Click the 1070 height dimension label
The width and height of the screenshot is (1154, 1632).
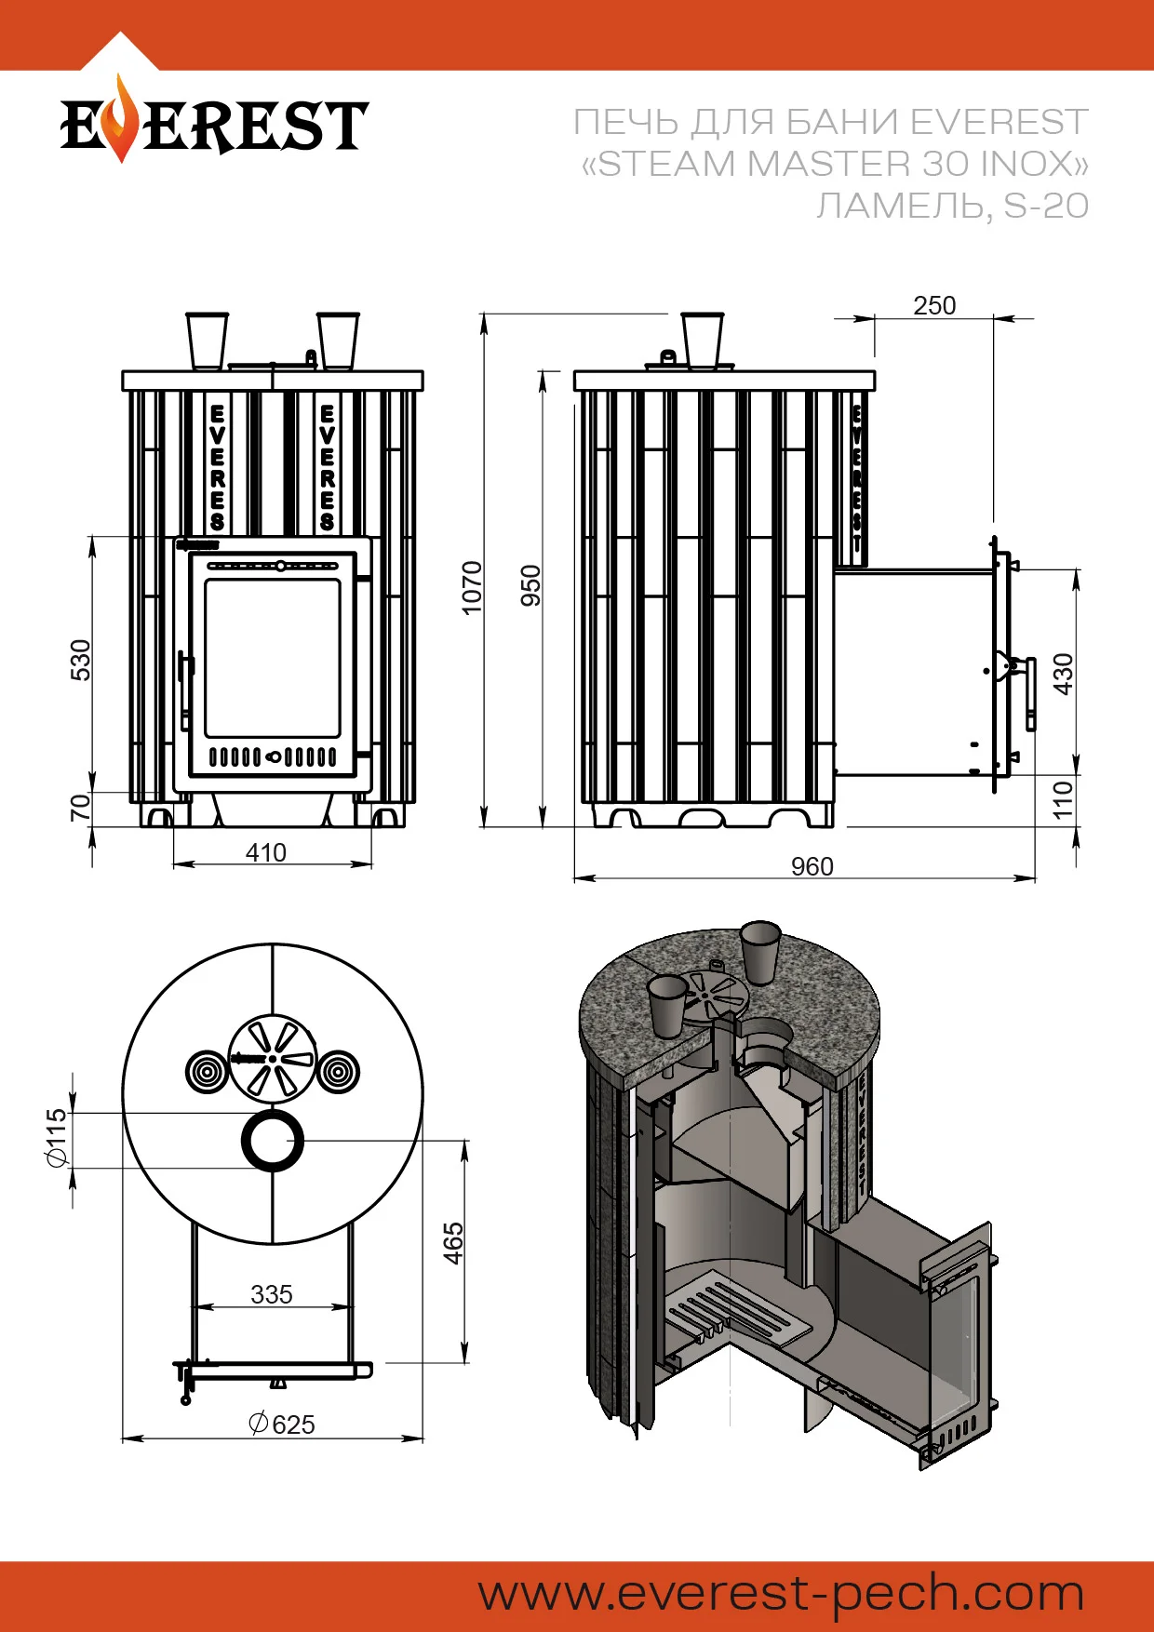point(473,587)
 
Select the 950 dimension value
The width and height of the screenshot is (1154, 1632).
point(530,585)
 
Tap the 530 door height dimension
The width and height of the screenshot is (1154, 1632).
point(81,660)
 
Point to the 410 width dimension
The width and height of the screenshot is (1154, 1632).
point(265,852)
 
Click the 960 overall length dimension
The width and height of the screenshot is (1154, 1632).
point(812,866)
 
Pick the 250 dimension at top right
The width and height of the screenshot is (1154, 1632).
point(934,305)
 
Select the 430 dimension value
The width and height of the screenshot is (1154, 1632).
point(1063,674)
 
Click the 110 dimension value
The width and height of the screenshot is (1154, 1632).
point(1063,800)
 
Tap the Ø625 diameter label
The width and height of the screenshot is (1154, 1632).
point(283,1425)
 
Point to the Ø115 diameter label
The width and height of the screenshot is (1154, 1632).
point(57,1138)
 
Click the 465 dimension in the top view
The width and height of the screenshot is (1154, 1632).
point(452,1242)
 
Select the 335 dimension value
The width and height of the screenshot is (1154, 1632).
point(272,1294)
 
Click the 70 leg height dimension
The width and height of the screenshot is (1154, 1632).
point(81,807)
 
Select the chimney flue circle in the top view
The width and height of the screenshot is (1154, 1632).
point(273,1141)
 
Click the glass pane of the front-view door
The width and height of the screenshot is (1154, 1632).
point(273,658)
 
